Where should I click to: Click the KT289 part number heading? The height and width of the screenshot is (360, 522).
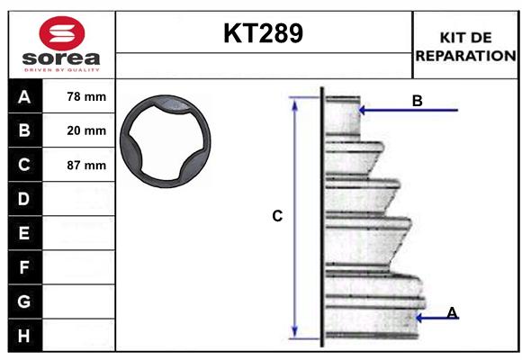coord(263,34)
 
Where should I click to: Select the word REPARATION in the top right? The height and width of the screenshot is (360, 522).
coord(464,55)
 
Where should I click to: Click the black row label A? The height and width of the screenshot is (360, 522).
coord(24,96)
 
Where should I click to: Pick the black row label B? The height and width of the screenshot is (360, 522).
coord(24,130)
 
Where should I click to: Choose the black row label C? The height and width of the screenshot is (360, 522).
coord(24,165)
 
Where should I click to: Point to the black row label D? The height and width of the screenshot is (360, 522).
coord(24,198)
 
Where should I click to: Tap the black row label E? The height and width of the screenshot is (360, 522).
coord(24,233)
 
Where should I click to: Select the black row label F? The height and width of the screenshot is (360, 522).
coord(24,267)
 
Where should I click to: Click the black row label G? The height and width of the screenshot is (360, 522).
coord(24,301)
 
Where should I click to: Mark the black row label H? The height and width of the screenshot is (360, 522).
coord(24,335)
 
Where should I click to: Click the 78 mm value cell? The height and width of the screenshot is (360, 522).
coord(86,96)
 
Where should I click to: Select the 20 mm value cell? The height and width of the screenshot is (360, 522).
coord(86,130)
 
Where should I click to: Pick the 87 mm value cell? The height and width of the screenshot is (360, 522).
coord(86,165)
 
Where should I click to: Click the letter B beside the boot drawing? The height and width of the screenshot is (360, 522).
coord(417,101)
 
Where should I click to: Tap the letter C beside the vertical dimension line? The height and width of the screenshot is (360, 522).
coord(277,216)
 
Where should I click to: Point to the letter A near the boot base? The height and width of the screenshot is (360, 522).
coord(452,312)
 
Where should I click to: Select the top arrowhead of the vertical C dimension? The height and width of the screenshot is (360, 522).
coord(294,101)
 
